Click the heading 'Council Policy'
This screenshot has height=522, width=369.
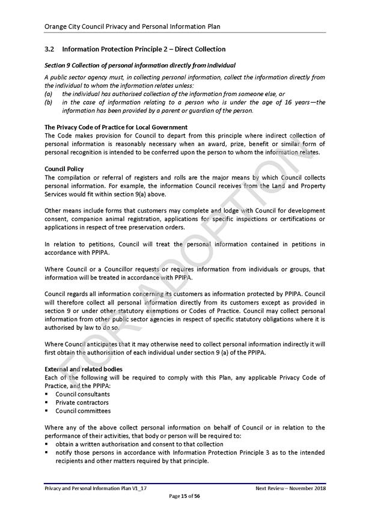(64, 169)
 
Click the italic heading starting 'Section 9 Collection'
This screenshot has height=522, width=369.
(139, 65)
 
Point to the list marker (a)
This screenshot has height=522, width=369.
(48, 94)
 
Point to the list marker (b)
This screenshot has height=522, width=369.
(48, 102)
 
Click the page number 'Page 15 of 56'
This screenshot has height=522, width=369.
(184, 496)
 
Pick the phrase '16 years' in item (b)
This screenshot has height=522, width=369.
(297, 102)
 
